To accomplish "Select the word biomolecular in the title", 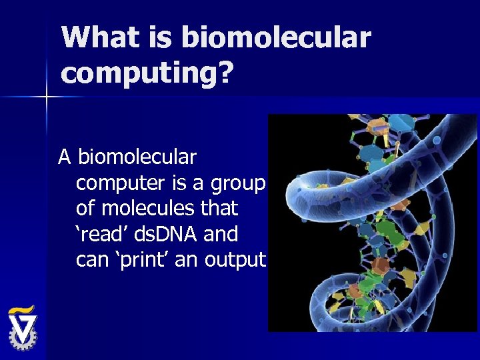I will click(x=275, y=38).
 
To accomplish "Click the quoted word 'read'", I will click(x=101, y=234).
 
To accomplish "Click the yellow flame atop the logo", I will click(x=22, y=309).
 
